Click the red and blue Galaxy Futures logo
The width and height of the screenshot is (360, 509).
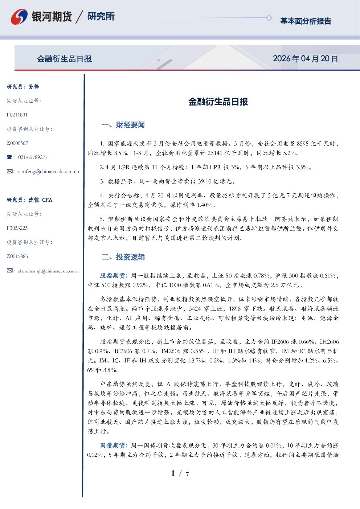point(19,16)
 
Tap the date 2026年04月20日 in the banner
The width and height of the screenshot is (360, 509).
point(305,59)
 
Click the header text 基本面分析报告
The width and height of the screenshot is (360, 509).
point(306,21)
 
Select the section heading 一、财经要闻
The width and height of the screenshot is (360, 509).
point(123,125)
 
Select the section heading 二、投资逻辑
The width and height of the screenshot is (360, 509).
point(123,257)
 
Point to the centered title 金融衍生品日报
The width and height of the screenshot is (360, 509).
point(218,102)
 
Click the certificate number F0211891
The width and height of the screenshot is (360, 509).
point(17,115)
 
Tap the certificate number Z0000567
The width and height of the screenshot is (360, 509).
point(17,143)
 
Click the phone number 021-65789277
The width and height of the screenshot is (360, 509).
point(33,157)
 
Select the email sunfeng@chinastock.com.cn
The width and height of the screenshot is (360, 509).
point(49,172)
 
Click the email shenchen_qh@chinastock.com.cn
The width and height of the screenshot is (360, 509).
point(48,271)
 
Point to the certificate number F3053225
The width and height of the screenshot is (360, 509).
point(17,228)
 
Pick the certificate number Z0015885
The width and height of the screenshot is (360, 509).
point(17,256)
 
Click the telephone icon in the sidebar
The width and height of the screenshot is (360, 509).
point(9,157)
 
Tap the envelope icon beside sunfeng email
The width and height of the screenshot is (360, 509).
point(9,171)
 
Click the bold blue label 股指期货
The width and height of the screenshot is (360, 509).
point(112,276)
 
